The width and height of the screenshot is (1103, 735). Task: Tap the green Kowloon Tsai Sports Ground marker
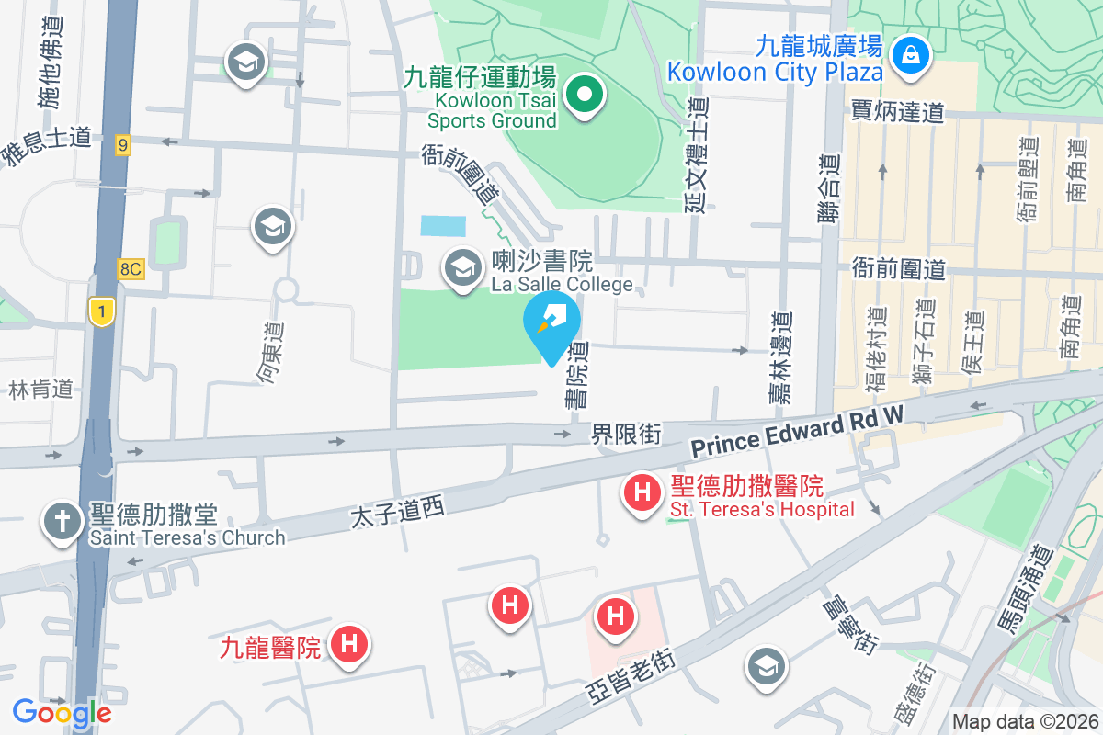pyautogui.click(x=584, y=93)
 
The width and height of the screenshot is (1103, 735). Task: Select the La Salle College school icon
pyautogui.click(x=461, y=267)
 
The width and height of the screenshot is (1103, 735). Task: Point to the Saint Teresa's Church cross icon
pyautogui.click(x=63, y=523)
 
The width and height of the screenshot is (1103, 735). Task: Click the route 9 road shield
pyautogui.click(x=123, y=144)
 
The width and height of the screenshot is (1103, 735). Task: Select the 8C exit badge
pyautogui.click(x=131, y=268)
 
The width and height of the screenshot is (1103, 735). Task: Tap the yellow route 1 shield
pyautogui.click(x=101, y=311)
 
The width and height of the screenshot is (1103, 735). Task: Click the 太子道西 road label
pyautogui.click(x=397, y=514)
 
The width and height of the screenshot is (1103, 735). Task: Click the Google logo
pyautogui.click(x=62, y=713)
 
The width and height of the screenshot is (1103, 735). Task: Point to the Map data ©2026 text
pyautogui.click(x=1024, y=722)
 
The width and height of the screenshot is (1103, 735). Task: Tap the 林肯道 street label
pyautogui.click(x=40, y=389)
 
